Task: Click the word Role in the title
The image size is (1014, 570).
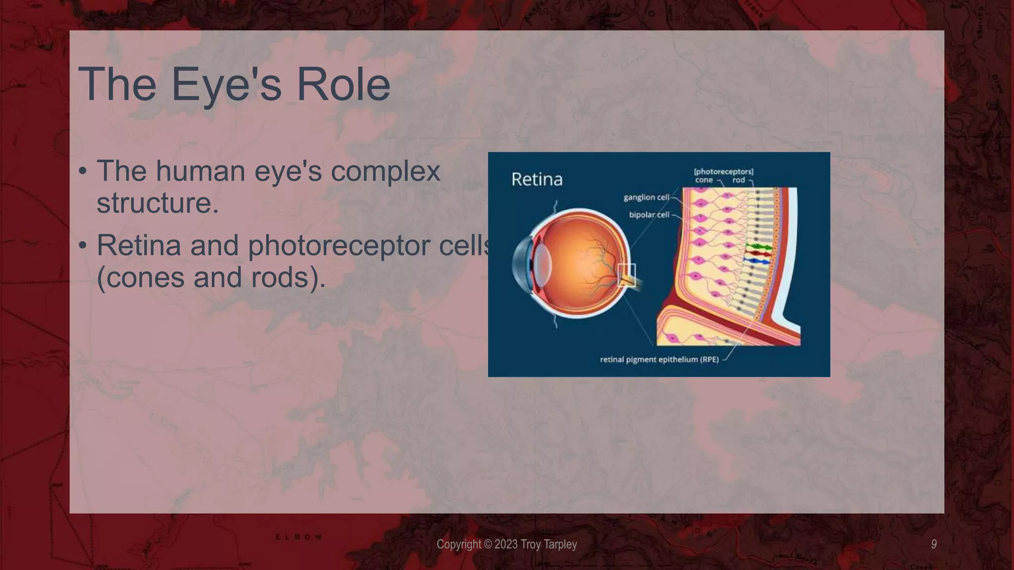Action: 343,84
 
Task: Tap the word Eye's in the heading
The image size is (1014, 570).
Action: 226,84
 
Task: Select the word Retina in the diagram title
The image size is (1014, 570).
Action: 537,179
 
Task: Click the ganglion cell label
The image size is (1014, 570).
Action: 646,197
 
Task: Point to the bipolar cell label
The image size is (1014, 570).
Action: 649,215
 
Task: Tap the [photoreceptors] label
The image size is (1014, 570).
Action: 723,171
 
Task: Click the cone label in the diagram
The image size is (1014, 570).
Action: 704,180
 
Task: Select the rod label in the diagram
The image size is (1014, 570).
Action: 738,180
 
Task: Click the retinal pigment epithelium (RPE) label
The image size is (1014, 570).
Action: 659,359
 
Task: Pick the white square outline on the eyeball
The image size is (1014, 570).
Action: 626,275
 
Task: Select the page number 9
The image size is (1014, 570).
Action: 933,544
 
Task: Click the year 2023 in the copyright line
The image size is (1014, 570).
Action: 506,544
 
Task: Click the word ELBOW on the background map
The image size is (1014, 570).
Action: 299,537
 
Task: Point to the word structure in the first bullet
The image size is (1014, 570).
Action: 157,203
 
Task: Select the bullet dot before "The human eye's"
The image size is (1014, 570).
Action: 83,171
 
